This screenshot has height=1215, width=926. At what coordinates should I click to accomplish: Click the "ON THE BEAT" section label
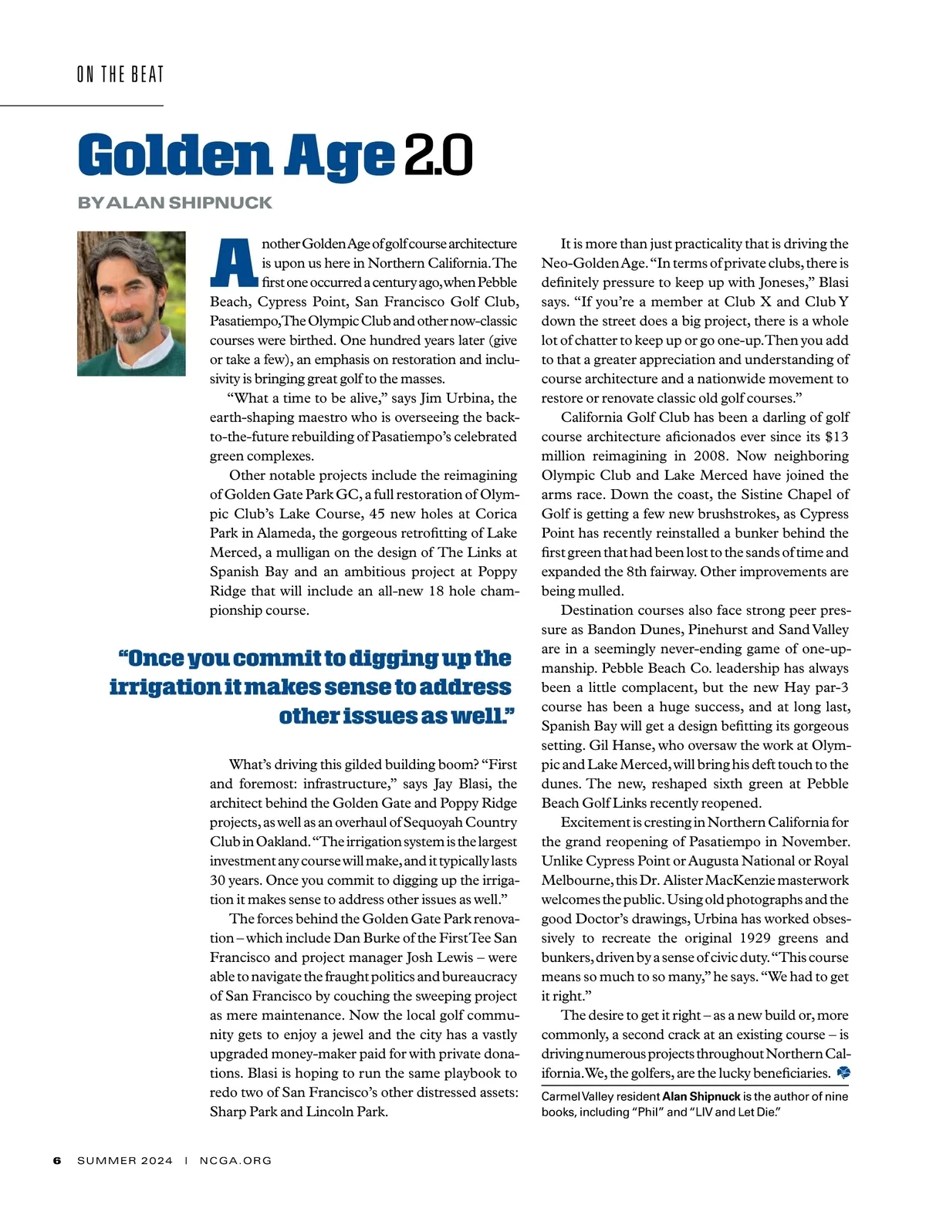pyautogui.click(x=120, y=75)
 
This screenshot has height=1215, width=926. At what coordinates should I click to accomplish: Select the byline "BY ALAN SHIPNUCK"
pyautogui.click(x=175, y=203)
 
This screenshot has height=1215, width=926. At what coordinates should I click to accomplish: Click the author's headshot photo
pyautogui.click(x=131, y=303)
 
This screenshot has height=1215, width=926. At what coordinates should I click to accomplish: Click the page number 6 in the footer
pyautogui.click(x=57, y=1160)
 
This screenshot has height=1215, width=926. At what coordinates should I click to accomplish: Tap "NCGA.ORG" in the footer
pyautogui.click(x=235, y=1160)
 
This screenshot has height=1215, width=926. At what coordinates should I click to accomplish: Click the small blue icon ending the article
pyautogui.click(x=843, y=1072)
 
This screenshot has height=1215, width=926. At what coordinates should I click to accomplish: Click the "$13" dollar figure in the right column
pyautogui.click(x=836, y=437)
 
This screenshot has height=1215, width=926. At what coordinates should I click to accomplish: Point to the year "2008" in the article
pyautogui.click(x=711, y=456)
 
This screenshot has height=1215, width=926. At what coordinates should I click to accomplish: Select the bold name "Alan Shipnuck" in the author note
pyautogui.click(x=701, y=1096)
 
